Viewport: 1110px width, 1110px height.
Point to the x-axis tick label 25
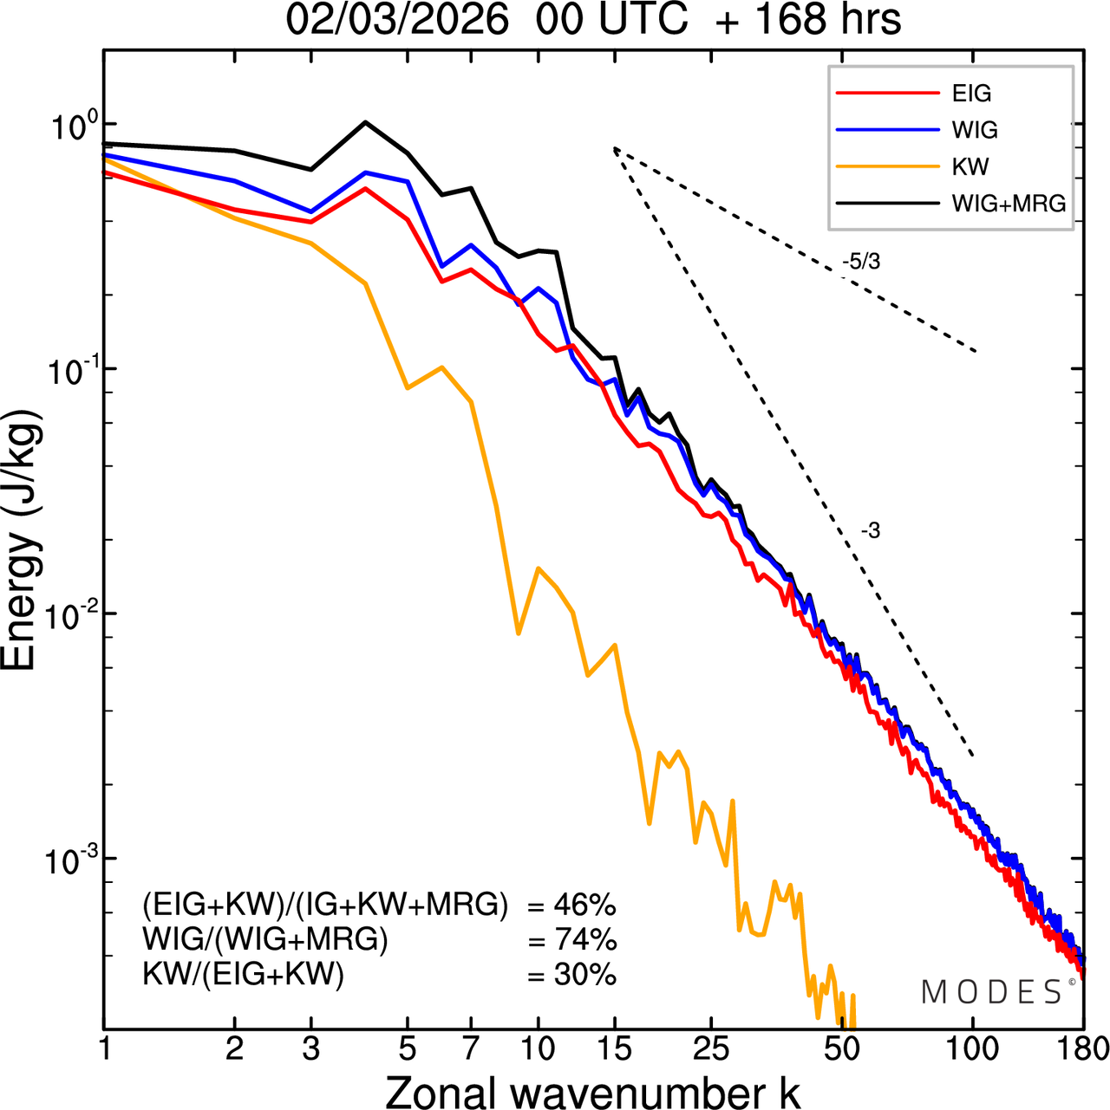(711, 1049)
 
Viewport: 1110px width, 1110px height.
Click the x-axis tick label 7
(471, 1049)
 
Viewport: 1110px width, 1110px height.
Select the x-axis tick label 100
(973, 1049)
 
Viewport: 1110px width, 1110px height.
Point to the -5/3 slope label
(861, 261)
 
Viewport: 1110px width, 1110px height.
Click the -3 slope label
(871, 531)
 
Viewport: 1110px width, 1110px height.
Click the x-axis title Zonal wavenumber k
(592, 1091)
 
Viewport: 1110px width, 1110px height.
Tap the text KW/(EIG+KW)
(244, 975)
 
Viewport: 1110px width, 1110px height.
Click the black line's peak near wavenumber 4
(365, 122)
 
